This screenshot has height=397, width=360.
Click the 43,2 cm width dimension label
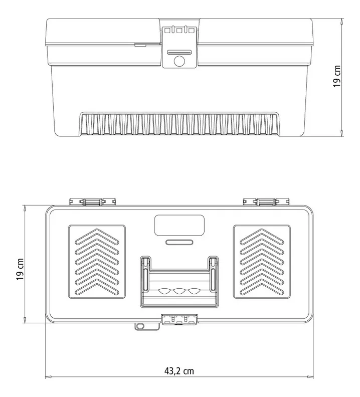[x=179, y=371]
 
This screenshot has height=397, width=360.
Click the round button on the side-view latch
[x=179, y=62]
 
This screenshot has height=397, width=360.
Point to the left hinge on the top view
[x=93, y=202]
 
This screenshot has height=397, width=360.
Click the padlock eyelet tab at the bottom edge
[x=140, y=326]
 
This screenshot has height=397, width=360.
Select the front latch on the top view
[x=179, y=320]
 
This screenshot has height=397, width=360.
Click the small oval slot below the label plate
[x=179, y=242]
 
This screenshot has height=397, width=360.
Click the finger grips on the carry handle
[x=179, y=291]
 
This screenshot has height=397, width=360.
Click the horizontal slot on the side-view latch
[x=179, y=51]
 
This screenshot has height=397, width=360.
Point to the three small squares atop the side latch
[x=179, y=31]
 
